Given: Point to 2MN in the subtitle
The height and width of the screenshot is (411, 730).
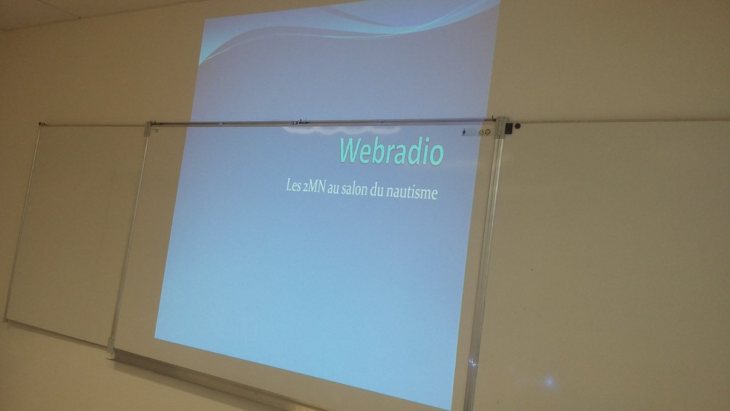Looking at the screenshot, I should click(x=315, y=186).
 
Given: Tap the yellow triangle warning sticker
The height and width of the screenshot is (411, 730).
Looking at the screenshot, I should click(x=480, y=131).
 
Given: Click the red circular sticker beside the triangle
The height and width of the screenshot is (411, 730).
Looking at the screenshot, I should click(x=487, y=132).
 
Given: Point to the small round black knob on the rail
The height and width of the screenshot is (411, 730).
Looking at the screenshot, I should click(x=518, y=126).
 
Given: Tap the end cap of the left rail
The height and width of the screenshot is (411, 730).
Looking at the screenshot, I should click(x=41, y=124).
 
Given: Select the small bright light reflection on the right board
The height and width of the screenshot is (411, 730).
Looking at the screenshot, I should click(x=549, y=382).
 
